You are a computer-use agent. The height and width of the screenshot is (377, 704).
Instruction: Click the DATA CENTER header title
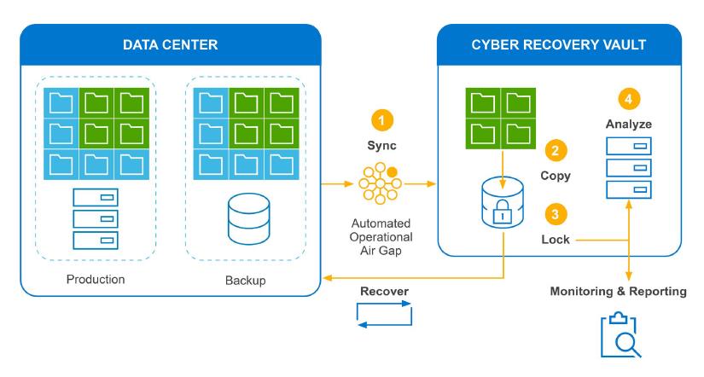(170, 43)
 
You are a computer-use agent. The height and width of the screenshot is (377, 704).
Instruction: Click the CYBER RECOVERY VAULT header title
(559, 43)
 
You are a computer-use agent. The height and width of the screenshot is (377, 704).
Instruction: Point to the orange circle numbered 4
(630, 99)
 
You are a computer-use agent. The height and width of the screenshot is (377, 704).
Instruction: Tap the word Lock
(556, 240)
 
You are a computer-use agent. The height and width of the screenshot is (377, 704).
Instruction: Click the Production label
(96, 279)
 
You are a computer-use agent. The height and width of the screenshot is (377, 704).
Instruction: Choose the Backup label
(245, 279)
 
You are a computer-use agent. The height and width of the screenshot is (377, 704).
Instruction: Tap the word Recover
(383, 292)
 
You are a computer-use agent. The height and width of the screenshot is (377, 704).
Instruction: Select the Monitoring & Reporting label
(618, 292)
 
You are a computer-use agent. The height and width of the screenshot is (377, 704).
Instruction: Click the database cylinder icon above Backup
(245, 220)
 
